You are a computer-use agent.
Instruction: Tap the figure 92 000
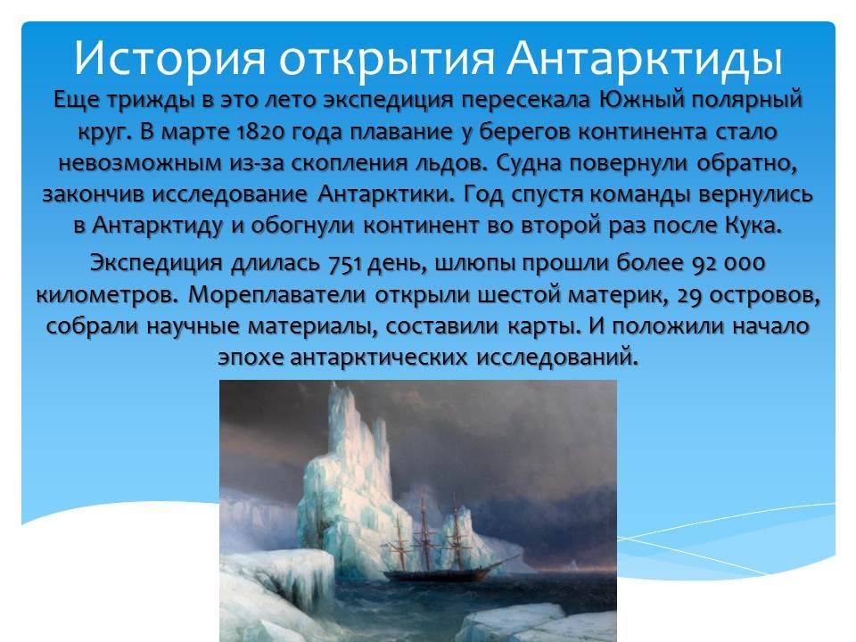(729, 265)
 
